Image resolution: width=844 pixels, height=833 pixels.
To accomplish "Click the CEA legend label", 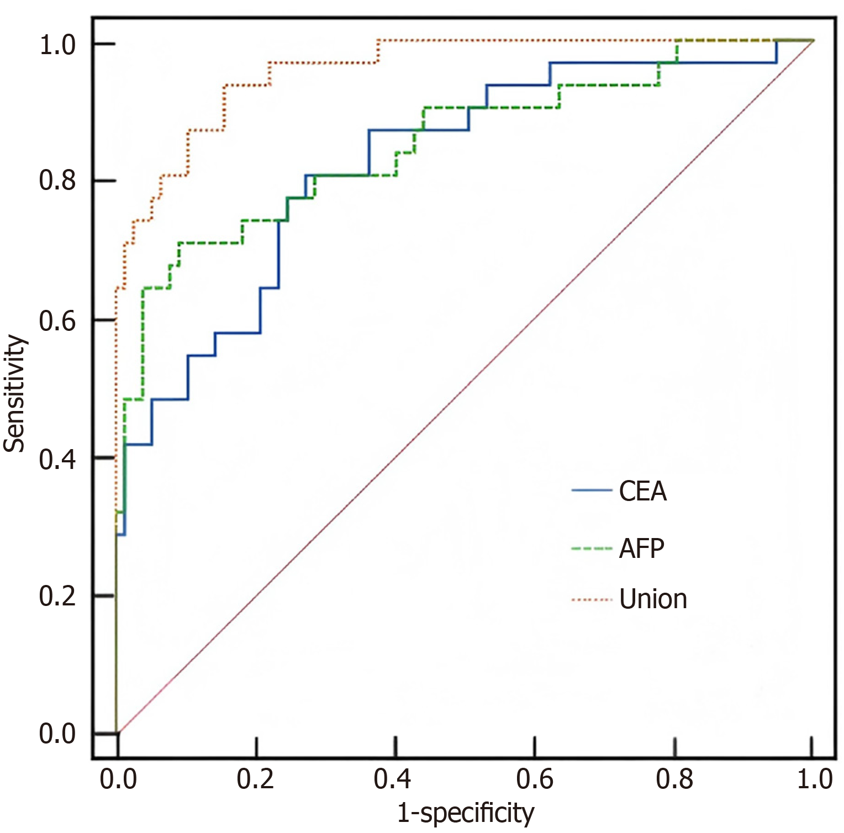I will [642, 491].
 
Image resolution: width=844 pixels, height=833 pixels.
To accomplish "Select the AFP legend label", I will [641, 549].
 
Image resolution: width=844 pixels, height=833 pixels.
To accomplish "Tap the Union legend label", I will [653, 599].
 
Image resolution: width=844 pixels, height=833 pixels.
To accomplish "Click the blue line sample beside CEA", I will [592, 491].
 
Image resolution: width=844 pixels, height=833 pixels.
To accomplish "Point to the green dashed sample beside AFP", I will [592, 549].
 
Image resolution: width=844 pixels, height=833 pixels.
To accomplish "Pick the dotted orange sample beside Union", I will [592, 599].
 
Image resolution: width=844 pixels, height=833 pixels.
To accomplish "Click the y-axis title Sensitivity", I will [15, 393].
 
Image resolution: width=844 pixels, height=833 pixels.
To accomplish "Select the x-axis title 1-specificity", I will [466, 813].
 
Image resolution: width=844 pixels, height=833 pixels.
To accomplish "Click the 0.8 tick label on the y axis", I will [57, 181].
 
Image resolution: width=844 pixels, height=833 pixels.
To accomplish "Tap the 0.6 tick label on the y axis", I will [57, 320].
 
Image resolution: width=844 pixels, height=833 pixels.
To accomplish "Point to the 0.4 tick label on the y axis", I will [57, 458].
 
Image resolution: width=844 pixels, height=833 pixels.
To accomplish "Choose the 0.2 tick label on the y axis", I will [57, 597].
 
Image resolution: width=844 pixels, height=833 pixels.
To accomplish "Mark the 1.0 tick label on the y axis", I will [57, 45].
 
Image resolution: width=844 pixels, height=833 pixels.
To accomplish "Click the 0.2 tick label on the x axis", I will [255, 779].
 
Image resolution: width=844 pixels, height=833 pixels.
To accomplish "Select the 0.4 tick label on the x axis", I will [393, 779].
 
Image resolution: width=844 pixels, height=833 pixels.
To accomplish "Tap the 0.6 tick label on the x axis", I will [534, 779].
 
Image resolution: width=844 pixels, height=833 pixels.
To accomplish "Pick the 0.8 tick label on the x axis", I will [674, 779].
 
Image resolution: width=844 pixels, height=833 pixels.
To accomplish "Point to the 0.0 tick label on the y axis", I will [57, 735].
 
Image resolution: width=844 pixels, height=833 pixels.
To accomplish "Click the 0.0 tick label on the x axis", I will [118, 779].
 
